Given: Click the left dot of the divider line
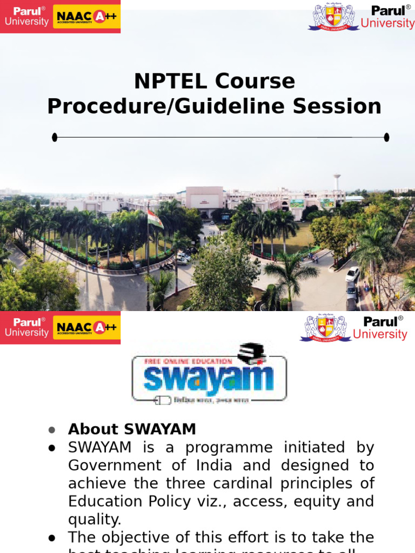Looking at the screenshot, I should [55, 137].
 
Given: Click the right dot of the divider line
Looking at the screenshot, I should [386, 137].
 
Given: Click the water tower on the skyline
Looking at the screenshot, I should [337, 181].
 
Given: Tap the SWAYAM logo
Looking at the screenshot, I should [209, 373].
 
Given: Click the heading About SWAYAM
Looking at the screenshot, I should [132, 429].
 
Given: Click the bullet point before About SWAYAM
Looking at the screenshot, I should [52, 430].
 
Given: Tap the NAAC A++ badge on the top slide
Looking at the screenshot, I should [86, 17].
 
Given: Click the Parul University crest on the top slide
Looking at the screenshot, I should [333, 18].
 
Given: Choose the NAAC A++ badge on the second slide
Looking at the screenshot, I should [86, 327].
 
